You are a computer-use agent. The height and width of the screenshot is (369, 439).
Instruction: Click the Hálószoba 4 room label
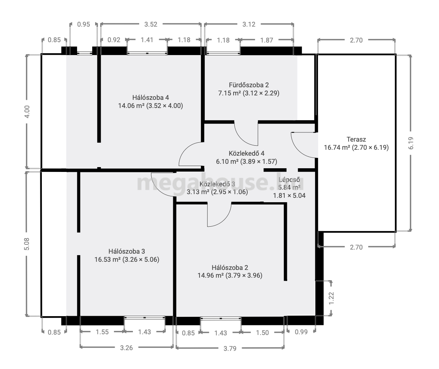(151, 98)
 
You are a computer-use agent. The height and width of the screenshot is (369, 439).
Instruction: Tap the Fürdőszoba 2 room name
(249, 85)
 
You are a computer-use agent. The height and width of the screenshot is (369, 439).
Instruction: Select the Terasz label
(356, 139)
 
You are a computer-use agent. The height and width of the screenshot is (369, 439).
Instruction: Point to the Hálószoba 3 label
(127, 251)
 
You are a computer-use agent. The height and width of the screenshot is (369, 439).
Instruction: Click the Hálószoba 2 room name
(230, 267)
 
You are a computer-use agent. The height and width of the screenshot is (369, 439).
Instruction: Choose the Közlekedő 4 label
(247, 153)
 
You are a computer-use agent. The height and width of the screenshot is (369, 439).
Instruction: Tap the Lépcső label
(289, 180)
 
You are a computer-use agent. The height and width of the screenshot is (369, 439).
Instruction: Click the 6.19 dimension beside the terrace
(411, 143)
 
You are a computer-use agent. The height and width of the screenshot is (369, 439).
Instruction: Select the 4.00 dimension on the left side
(27, 112)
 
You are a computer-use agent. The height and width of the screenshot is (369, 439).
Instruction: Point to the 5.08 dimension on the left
(27, 244)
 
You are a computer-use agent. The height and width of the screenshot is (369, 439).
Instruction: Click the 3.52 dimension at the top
(151, 24)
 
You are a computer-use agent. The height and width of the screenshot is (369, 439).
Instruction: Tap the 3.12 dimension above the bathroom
(249, 24)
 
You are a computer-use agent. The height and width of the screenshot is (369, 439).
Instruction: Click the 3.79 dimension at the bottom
(230, 349)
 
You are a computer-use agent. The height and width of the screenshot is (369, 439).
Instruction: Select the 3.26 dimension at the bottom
(126, 348)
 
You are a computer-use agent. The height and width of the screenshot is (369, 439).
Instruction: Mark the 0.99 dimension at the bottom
(301, 332)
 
